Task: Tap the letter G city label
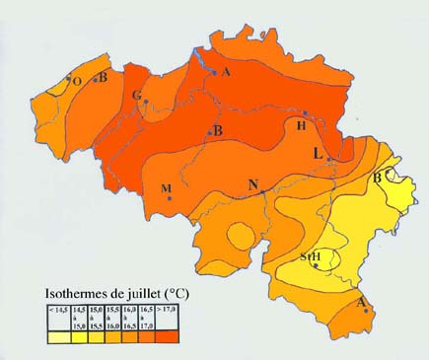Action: pyautogui.click(x=136, y=95)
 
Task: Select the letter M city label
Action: pyautogui.click(x=166, y=187)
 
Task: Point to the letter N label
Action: pyautogui.click(x=253, y=185)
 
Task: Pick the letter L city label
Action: pyautogui.click(x=318, y=153)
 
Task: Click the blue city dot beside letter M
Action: pyautogui.click(x=170, y=199)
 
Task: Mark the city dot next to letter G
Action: pyautogui.click(x=145, y=101)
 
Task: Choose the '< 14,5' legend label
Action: pyautogui.click(x=58, y=312)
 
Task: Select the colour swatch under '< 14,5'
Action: pyautogui.click(x=58, y=336)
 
